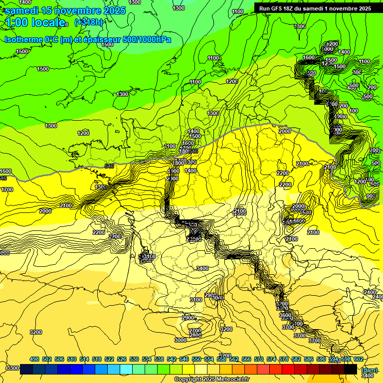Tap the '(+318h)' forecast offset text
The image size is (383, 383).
point(88,22)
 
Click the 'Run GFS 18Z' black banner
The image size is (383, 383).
point(315,8)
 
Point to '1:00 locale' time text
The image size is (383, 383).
point(35,22)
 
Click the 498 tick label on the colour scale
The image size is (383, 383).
point(34,359)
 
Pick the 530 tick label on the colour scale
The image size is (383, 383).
point(134,359)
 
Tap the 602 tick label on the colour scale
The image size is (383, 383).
point(358,359)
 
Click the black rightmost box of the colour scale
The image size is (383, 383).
point(351,369)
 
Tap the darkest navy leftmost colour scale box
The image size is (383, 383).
point(26,369)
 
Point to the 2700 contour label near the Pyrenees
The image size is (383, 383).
point(195,330)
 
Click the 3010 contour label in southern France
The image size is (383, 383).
point(218,298)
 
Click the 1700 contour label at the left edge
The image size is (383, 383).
point(7,190)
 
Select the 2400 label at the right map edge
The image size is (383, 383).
point(370,292)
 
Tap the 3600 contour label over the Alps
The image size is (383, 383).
point(285,315)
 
